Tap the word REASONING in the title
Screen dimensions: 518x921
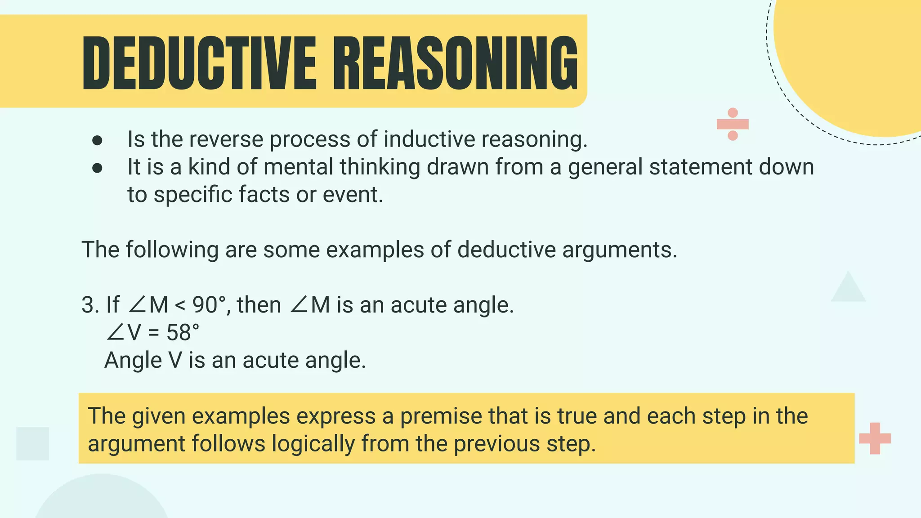(x=455, y=63)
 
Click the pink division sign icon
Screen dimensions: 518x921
(x=733, y=124)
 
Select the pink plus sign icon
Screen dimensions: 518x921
(x=875, y=438)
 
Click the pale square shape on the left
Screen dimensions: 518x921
(x=32, y=443)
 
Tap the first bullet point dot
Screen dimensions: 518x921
(x=97, y=141)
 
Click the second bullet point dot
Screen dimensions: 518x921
(x=97, y=168)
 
